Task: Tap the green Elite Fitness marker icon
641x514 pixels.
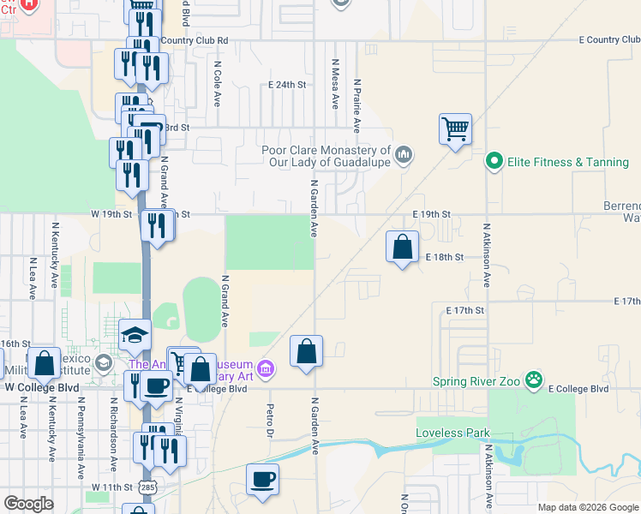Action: coord(494,161)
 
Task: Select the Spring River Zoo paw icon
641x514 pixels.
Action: coord(534,379)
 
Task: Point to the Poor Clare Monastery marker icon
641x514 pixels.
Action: coord(404,155)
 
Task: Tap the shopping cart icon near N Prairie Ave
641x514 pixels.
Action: coord(455,129)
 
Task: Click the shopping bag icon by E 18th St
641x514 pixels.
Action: coord(402,248)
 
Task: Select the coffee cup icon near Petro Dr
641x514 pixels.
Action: coord(262,480)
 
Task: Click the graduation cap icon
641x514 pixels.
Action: coord(135,335)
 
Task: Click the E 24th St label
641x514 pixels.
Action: coord(287,85)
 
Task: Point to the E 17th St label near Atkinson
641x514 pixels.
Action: coord(464,309)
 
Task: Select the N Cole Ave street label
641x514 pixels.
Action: coord(218,82)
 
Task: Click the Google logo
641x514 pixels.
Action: coord(28,504)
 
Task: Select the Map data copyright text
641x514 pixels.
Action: coord(587,507)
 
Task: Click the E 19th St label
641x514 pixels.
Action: coord(431,212)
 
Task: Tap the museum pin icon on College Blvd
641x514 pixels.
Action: coord(266,368)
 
